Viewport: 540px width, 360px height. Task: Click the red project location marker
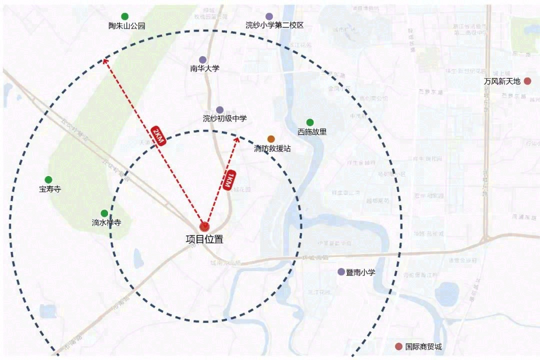204,226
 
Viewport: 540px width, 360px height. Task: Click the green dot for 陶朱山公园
124,16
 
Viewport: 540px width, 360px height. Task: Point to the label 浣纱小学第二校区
274,25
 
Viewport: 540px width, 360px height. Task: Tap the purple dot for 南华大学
202,60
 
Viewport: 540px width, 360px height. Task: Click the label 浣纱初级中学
224,118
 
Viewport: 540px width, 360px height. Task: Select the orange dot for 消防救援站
271,139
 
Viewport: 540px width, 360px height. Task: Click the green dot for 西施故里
310,122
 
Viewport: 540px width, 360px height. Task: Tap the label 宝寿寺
49,189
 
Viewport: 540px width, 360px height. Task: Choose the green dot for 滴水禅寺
104,213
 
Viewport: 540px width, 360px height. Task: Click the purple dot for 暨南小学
341,272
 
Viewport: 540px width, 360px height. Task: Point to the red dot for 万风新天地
527,81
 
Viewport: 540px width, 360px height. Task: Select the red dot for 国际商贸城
398,346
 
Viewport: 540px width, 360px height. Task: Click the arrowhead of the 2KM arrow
105,61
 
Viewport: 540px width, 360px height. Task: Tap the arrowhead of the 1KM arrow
237,139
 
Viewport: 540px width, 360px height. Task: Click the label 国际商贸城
423,346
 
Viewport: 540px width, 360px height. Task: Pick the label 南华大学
204,68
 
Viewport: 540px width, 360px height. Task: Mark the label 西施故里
312,132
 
